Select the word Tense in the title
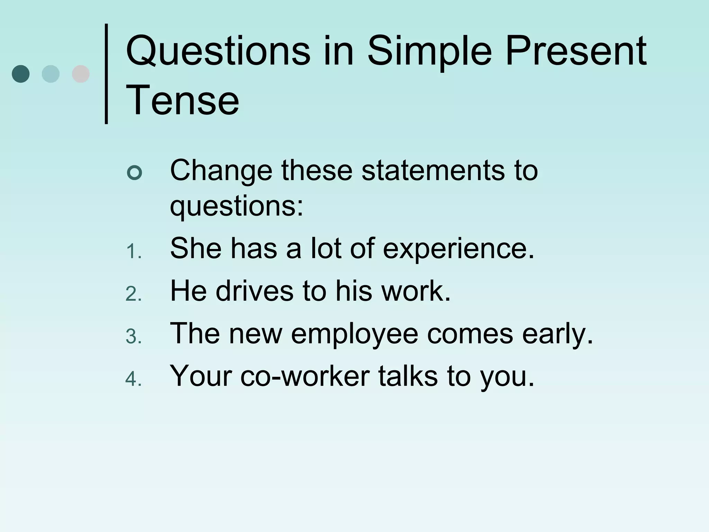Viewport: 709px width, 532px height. (182, 100)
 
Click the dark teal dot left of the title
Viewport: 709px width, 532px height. (21, 74)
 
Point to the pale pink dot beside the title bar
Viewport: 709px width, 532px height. (81, 74)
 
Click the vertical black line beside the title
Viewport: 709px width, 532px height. (106, 74)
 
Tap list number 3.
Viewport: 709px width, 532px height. (133, 336)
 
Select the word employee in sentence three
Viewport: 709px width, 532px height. (354, 334)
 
